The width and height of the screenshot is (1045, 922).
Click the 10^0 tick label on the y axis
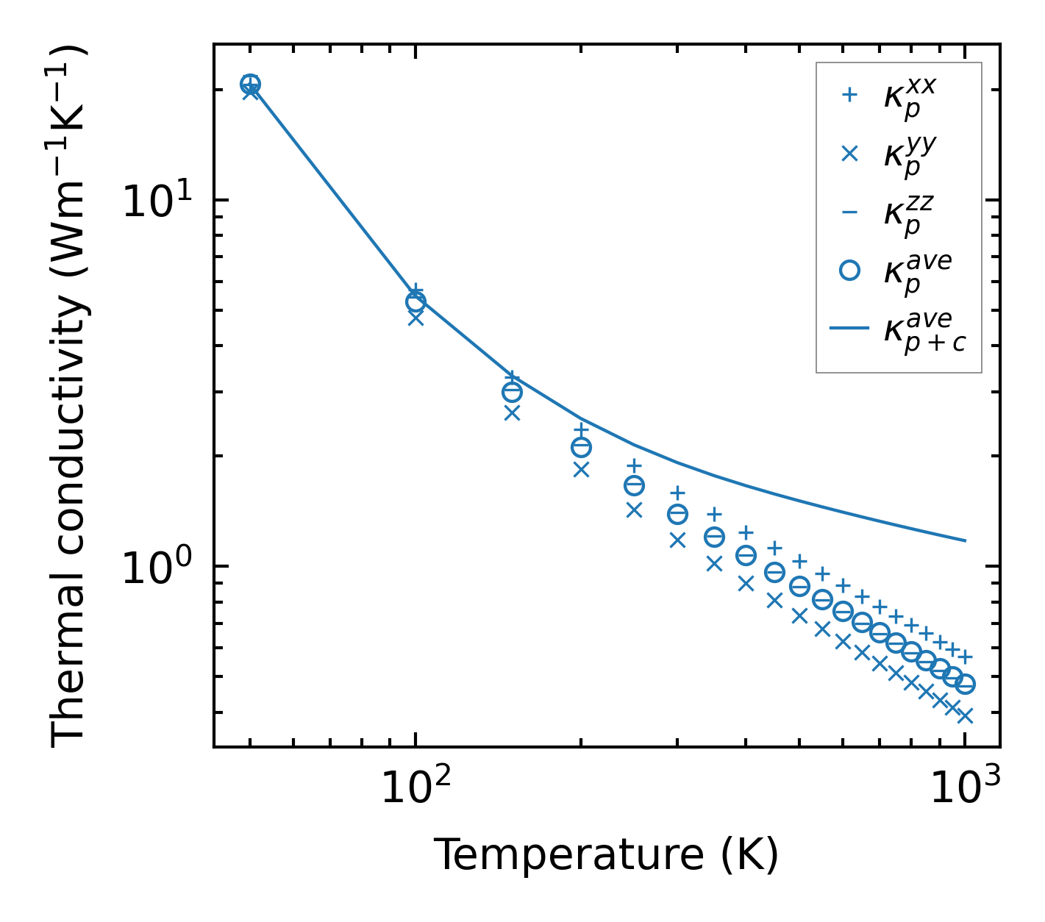tap(155, 568)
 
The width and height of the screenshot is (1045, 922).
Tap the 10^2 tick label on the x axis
tap(415, 788)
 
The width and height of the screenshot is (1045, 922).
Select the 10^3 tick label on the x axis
tap(965, 788)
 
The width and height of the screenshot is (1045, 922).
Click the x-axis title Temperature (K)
tap(606, 854)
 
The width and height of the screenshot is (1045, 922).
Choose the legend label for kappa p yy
tap(910, 156)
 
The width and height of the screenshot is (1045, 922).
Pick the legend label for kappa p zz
tap(910, 215)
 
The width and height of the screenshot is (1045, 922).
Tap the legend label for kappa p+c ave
tap(924, 332)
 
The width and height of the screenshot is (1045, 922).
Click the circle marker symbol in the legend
tap(849, 271)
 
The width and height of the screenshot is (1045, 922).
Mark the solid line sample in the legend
tap(849, 328)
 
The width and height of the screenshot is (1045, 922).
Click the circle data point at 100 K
tap(415, 301)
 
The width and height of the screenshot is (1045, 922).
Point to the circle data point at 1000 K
tap(965, 684)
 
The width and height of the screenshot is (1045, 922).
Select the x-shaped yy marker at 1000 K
tap(965, 715)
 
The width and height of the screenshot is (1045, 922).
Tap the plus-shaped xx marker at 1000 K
tap(965, 657)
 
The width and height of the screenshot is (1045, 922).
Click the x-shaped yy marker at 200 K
tap(581, 469)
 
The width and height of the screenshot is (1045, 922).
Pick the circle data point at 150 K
tap(512, 393)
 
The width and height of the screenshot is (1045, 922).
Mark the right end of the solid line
tap(965, 540)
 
